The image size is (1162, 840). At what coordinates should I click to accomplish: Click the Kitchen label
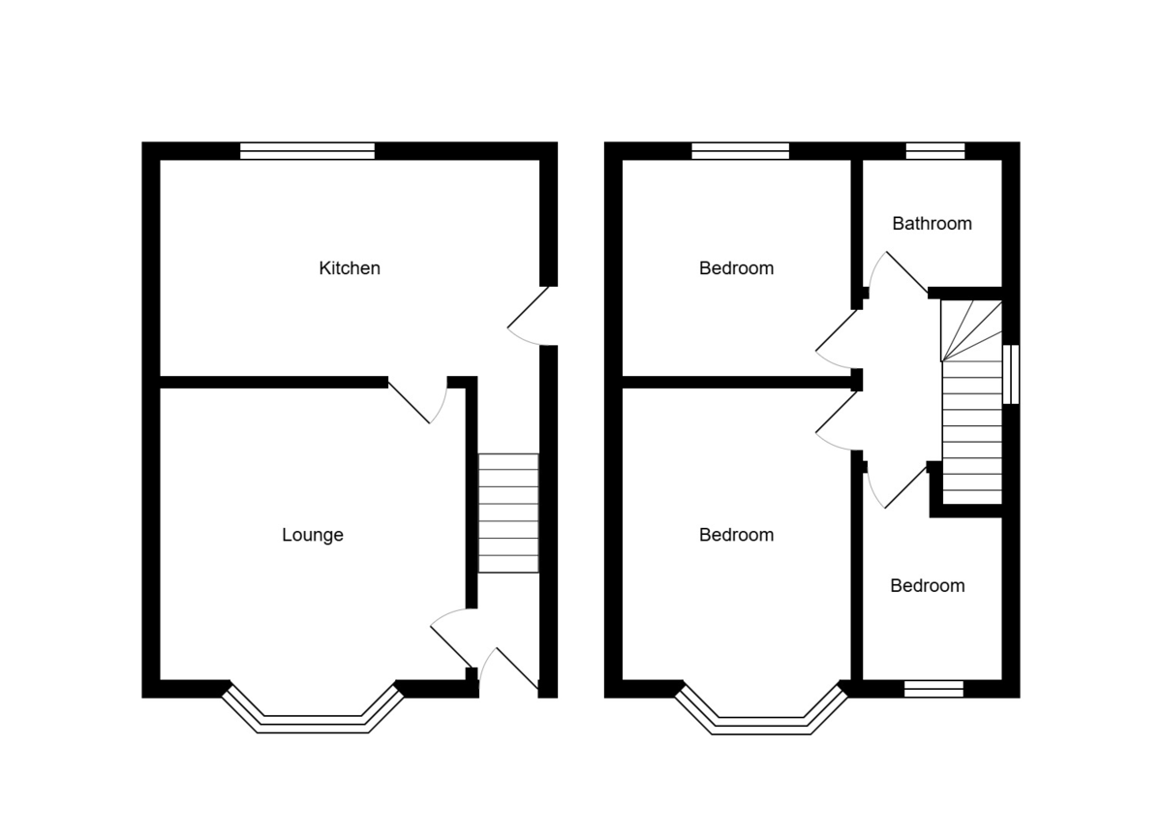[x=350, y=268]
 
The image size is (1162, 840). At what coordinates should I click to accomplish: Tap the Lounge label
[x=312, y=535]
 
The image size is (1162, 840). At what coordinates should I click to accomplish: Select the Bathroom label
[x=932, y=224]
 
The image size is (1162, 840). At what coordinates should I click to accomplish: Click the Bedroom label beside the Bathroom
[x=736, y=268]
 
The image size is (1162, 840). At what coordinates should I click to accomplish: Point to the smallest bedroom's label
[x=927, y=586]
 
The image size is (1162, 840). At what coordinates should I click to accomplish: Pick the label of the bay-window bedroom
[x=736, y=535]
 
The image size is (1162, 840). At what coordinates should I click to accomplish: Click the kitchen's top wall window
[x=307, y=150]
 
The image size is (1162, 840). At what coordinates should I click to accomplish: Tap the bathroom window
[x=935, y=150]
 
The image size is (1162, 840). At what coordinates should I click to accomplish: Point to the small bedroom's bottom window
[x=933, y=689]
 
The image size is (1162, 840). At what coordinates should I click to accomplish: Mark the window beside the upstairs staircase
[x=1010, y=374]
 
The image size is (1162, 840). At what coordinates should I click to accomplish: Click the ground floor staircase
[x=508, y=513]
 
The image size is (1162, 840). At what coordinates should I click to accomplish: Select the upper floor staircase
[x=971, y=402]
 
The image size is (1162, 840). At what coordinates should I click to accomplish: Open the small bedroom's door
[x=899, y=484]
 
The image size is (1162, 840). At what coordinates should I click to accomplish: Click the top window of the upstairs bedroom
[x=741, y=150]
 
